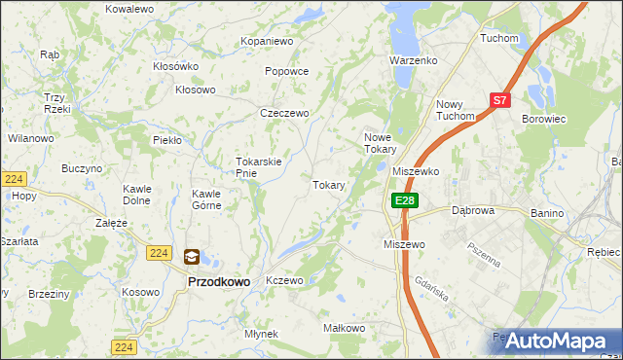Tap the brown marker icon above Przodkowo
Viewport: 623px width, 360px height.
(192, 257)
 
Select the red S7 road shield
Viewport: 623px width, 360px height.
(499, 100)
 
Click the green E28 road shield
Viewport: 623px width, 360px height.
(405, 200)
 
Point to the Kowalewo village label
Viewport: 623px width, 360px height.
(130, 8)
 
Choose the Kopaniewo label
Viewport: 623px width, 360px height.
(267, 42)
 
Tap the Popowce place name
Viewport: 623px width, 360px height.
(286, 71)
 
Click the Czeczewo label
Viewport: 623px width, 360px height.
(284, 113)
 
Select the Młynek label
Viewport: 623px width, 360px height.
(262, 334)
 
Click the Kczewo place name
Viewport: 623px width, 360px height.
(285, 280)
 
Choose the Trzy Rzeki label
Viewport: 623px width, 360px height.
(54, 103)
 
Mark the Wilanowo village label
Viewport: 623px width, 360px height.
(30, 138)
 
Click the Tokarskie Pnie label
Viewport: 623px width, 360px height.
(259, 167)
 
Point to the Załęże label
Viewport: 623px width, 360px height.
(111, 222)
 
